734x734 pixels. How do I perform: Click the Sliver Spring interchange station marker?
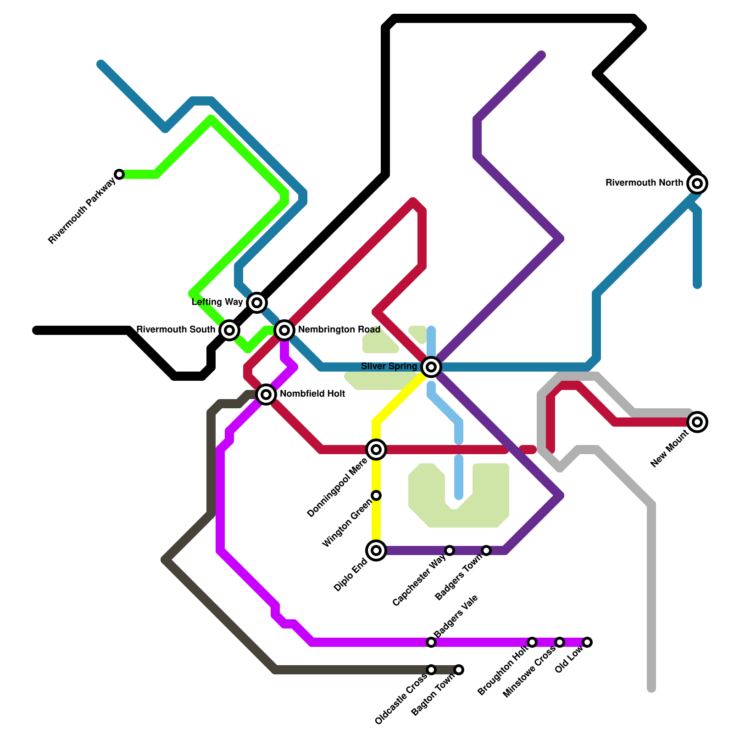(x=431, y=367)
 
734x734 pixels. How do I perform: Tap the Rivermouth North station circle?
(x=697, y=183)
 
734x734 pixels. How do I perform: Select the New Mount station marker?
(x=697, y=422)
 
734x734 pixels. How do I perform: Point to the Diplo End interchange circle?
(x=376, y=550)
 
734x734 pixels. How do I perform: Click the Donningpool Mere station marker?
(x=376, y=450)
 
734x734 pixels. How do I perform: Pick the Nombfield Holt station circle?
(x=266, y=394)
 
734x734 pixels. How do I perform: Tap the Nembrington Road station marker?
(x=284, y=330)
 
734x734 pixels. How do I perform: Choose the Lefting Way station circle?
(x=257, y=302)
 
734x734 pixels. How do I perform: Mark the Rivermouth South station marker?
(x=229, y=330)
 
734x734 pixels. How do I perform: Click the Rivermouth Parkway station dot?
(x=119, y=174)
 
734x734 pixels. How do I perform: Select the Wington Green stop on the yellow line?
(x=376, y=495)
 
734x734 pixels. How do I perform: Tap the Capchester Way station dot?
(x=450, y=550)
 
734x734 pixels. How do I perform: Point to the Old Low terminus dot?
(x=587, y=642)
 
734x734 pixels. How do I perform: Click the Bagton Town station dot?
(x=459, y=670)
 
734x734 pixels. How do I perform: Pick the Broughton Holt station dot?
(x=532, y=642)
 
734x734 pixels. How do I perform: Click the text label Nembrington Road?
(x=339, y=330)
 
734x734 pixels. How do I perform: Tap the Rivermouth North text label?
(x=644, y=183)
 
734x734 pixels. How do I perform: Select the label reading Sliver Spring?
(x=389, y=366)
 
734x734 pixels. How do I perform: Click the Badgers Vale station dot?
(x=431, y=642)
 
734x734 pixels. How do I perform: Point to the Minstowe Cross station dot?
(x=560, y=642)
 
